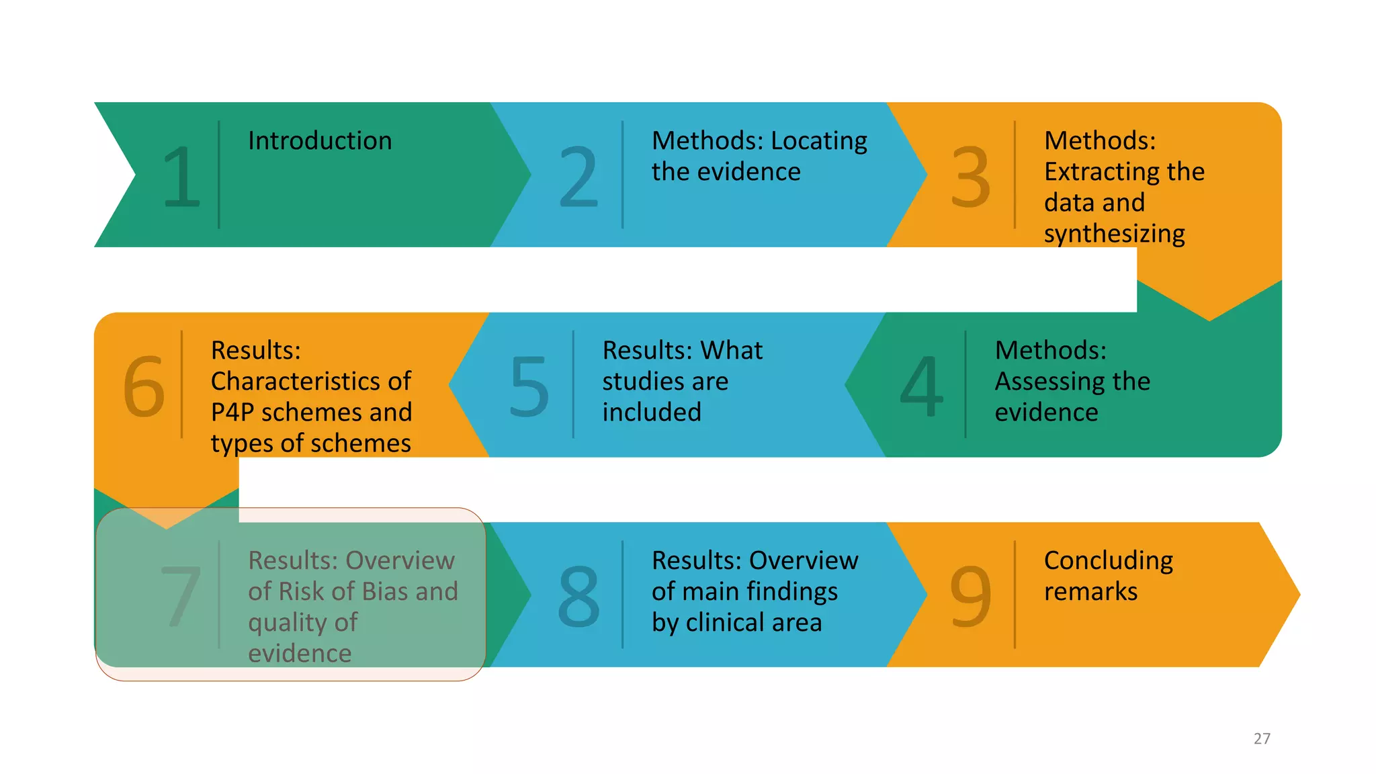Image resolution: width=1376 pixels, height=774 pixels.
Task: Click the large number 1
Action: tap(181, 177)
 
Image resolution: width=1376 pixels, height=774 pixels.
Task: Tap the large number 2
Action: tap(578, 177)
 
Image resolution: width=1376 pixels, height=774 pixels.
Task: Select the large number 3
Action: tap(970, 177)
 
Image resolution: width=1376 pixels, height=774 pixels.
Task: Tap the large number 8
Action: tap(578, 595)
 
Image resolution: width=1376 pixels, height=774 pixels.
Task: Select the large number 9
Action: tap(970, 595)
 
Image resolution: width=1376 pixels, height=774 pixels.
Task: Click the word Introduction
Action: tap(320, 141)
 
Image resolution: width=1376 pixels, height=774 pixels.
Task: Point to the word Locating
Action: tap(819, 141)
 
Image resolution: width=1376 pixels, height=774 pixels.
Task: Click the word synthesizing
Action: tap(1114, 234)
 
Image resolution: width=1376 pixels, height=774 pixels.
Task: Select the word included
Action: tap(652, 412)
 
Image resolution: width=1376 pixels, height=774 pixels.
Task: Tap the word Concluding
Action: tap(1109, 560)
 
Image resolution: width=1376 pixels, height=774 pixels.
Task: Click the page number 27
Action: tap(1262, 738)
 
